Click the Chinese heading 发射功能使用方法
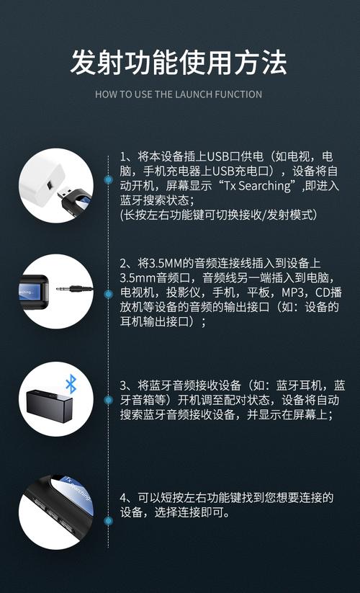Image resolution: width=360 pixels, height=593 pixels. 179,63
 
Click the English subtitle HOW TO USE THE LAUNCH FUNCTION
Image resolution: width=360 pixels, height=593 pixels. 179,94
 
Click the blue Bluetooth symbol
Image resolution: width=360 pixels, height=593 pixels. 71,383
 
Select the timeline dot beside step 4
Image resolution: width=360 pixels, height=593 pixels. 108,520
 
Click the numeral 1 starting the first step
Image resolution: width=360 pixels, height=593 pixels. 123,156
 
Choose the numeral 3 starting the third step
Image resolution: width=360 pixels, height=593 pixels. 123,385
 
